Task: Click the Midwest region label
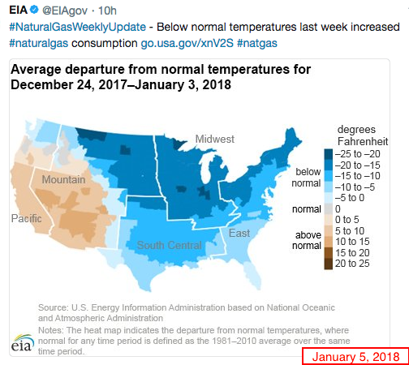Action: [x=215, y=139]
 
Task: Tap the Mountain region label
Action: [x=63, y=179]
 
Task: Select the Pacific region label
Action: [x=27, y=218]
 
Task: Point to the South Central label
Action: [x=170, y=245]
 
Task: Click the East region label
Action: [x=239, y=233]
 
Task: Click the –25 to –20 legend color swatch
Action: [x=329, y=154]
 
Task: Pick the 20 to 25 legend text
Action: [x=352, y=264]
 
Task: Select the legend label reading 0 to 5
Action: [x=347, y=220]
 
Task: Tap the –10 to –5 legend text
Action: [x=355, y=187]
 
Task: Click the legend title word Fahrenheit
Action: [x=363, y=141]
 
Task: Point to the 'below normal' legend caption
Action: [x=307, y=178]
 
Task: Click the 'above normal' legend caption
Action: [x=307, y=240]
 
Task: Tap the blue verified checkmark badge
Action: [x=34, y=10]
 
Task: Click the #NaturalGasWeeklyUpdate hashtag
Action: [x=78, y=27]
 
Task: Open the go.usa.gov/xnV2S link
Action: [x=187, y=43]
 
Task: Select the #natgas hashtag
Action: [x=257, y=43]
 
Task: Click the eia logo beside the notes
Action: [x=23, y=343]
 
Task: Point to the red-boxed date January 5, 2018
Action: [x=355, y=357]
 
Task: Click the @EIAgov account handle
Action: [x=65, y=11]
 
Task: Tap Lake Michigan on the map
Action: [x=206, y=170]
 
